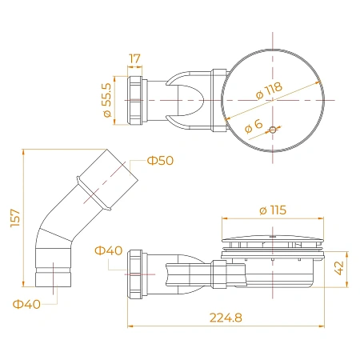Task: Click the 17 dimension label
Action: tap(134, 58)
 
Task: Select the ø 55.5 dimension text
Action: tap(107, 100)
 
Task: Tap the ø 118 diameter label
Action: tap(269, 90)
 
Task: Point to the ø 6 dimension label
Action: tap(254, 126)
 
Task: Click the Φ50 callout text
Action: tap(160, 161)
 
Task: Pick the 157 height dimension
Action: tap(15, 218)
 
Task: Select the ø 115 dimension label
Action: tap(273, 210)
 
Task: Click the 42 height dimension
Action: tap(339, 268)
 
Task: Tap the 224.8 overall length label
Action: tap(226, 318)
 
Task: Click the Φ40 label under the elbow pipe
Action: tap(26, 304)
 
